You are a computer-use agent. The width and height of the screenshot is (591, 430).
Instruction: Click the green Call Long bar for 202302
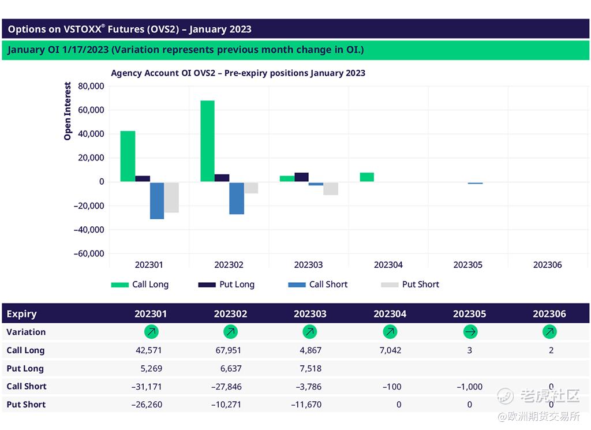[207, 141]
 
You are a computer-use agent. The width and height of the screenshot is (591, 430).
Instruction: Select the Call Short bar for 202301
[157, 200]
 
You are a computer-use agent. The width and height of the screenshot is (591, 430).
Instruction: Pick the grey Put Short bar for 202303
[331, 188]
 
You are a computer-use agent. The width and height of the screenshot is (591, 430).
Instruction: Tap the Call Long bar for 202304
[366, 177]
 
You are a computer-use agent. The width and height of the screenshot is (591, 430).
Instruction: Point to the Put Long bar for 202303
[301, 177]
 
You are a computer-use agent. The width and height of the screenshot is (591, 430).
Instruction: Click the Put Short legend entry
[410, 285]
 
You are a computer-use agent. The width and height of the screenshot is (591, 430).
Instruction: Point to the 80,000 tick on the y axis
[90, 86]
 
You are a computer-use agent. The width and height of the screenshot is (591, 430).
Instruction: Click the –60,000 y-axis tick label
[89, 253]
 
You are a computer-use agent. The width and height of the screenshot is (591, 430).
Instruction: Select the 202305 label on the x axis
[467, 265]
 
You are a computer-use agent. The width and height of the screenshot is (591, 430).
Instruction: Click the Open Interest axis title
[68, 111]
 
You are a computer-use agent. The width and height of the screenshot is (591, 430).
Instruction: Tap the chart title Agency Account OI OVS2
[238, 73]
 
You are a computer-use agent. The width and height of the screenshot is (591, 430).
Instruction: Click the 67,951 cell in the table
[230, 350]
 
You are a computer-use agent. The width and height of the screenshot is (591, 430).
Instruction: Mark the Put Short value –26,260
[147, 405]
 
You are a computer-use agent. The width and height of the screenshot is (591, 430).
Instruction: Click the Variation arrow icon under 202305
[469, 332]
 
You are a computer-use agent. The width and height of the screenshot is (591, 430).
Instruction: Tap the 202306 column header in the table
[549, 314]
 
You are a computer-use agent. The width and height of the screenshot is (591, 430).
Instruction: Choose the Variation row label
[26, 332]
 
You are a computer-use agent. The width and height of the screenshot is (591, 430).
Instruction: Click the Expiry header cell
[21, 314]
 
